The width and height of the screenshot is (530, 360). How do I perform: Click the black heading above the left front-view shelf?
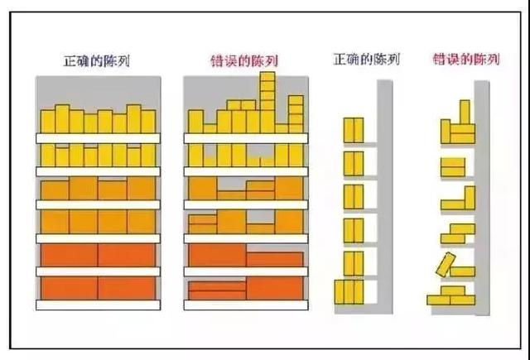point(97,61)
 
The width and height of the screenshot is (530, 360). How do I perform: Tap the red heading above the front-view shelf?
point(244,61)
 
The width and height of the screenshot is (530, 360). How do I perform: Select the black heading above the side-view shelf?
point(366,60)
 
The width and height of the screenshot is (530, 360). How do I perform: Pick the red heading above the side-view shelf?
point(466,60)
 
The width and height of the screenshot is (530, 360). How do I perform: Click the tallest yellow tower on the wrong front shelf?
point(267,102)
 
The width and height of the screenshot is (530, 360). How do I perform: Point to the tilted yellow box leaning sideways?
point(446,265)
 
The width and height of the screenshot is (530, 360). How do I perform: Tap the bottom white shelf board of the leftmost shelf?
point(98,305)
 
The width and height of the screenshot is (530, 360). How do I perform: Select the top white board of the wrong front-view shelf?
point(246,138)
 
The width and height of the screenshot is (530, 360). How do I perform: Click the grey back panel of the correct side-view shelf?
point(384,197)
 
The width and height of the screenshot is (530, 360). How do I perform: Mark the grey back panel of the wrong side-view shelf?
point(482,198)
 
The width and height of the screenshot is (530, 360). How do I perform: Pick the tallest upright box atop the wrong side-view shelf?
point(465,112)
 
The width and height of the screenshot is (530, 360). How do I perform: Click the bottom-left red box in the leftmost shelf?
point(70,288)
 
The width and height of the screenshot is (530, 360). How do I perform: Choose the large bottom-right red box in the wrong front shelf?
point(274,288)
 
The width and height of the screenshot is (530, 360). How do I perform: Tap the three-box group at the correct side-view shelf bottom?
point(349,292)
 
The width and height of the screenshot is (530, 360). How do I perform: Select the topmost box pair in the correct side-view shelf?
point(354,130)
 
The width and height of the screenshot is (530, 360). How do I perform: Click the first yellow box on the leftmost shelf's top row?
point(48,121)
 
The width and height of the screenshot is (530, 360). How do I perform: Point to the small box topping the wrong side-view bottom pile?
point(453,290)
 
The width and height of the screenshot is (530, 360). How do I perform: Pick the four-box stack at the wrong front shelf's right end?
point(296,114)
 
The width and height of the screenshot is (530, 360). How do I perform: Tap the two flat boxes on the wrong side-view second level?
point(453,167)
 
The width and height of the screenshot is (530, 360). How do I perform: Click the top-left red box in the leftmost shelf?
point(70,255)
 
